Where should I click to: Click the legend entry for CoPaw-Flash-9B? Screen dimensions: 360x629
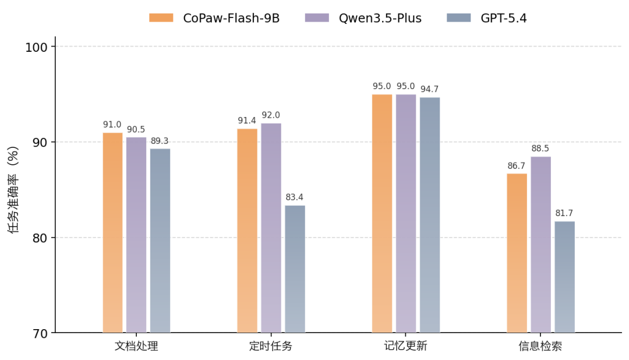click(214, 18)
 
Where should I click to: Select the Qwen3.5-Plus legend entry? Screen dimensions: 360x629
click(363, 18)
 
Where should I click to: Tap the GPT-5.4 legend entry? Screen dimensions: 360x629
click(487, 18)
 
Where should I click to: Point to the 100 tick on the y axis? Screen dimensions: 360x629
click(37, 47)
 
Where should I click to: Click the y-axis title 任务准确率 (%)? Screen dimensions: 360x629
click(13, 190)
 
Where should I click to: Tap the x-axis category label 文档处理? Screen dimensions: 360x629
click(136, 346)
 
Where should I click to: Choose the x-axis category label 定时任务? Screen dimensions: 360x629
click(271, 346)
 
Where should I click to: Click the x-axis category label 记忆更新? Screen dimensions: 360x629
click(405, 346)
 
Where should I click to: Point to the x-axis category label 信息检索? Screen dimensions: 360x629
click(540, 346)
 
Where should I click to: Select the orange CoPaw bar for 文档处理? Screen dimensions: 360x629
click(112, 233)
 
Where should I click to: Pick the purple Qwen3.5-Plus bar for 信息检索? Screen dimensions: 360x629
click(540, 245)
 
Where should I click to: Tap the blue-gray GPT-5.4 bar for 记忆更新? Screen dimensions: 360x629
click(430, 216)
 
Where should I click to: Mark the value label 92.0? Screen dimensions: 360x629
click(271, 115)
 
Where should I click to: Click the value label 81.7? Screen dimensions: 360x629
click(564, 213)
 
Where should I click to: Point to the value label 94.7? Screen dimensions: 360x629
click(430, 89)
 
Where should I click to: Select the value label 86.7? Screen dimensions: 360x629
click(517, 166)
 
